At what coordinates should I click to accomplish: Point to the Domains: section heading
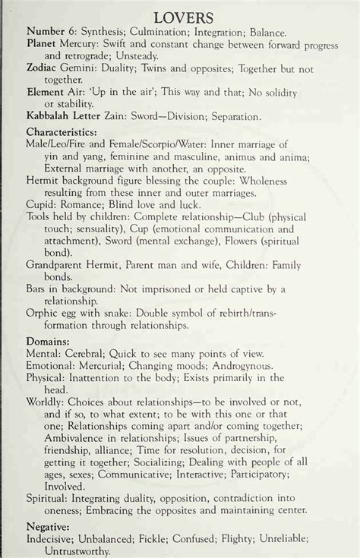coord(49,340)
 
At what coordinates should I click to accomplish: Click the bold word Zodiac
coord(45,68)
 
